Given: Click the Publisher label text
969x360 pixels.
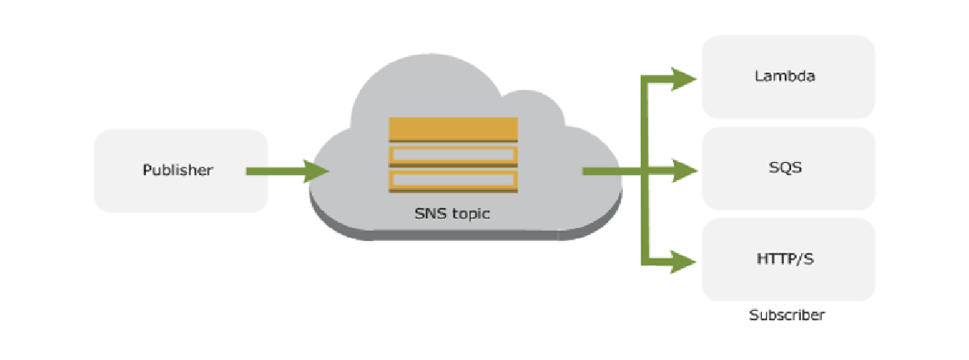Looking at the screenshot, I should click(x=177, y=170).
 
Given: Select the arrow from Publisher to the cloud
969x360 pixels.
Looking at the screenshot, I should click(x=280, y=171).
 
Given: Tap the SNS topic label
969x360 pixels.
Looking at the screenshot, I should click(x=452, y=213).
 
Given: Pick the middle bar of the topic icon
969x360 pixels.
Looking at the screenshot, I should click(x=453, y=156).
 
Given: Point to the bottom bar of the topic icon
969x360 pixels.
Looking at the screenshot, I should click(x=453, y=181).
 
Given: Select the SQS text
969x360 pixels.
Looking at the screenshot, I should click(x=787, y=167).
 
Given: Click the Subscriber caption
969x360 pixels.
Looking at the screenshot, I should click(x=787, y=315).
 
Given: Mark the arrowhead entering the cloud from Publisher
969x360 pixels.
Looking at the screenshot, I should click(x=315, y=171).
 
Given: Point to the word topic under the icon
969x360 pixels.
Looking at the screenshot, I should click(x=469, y=214).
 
